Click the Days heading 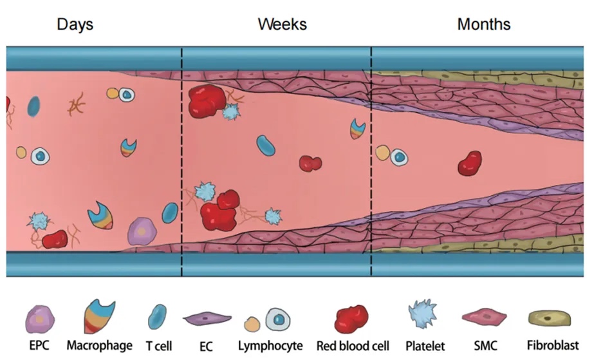click(x=75, y=24)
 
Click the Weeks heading click(x=282, y=24)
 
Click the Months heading click(x=483, y=24)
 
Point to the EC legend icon click(x=207, y=318)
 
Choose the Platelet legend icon click(x=423, y=316)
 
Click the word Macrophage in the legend click(x=99, y=346)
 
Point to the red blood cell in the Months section click(x=470, y=164)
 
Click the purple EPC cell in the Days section click(x=140, y=231)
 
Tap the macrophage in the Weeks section click(x=358, y=128)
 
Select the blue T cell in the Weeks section click(x=266, y=146)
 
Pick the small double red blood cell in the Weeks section click(x=310, y=163)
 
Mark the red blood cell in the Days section click(x=55, y=240)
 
